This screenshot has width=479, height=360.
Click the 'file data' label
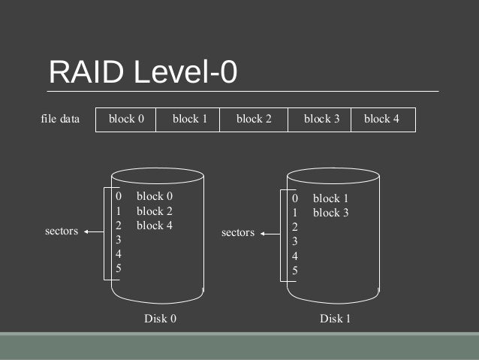pos(59,119)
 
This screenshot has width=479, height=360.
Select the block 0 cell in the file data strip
pos(126,119)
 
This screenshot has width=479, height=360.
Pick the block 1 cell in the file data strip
pos(188,119)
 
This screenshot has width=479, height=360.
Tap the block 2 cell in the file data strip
pos(254,119)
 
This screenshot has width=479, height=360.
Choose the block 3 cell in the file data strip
pos(321,119)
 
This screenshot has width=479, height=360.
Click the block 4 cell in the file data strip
pos(382,119)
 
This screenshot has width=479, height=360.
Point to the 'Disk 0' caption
pos(160,319)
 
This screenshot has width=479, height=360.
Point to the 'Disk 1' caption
pos(335,319)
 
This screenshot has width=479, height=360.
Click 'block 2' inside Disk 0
pos(155,211)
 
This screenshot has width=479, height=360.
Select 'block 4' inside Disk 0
pos(155,225)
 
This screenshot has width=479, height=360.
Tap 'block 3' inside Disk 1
pos(330,213)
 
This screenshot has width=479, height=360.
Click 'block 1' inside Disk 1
pos(330,198)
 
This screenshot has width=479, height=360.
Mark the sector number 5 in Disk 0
pos(119,268)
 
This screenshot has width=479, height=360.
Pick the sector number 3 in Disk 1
pos(295,241)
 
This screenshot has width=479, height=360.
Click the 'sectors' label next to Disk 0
pos(62,231)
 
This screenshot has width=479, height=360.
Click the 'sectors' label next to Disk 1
pos(238,233)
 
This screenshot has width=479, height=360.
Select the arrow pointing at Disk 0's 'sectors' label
pos(94,231)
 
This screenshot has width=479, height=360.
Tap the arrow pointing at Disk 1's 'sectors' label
pos(270,234)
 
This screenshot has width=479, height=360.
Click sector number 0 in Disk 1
pos(295,198)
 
